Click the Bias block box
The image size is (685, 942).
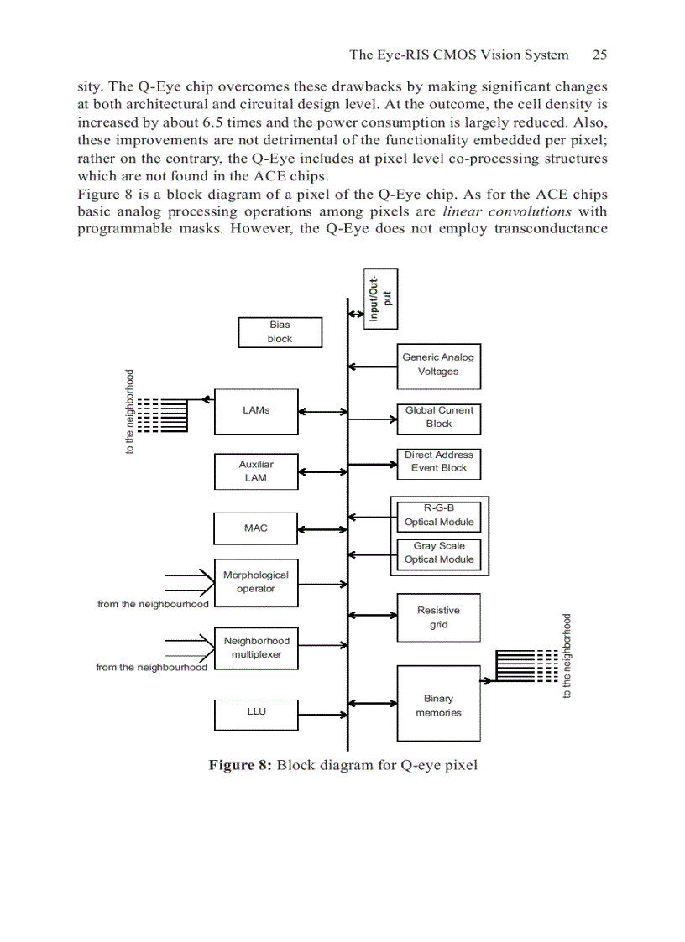pyautogui.click(x=280, y=332)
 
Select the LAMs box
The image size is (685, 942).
pyautogui.click(x=256, y=411)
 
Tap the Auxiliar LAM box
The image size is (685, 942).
pyautogui.click(x=256, y=471)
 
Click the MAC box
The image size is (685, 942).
pyautogui.click(x=256, y=528)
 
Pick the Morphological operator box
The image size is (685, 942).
pyautogui.click(x=256, y=582)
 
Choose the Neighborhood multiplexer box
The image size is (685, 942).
pyautogui.click(x=256, y=648)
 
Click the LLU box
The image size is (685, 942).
pyautogui.click(x=256, y=711)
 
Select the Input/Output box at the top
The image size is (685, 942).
pyautogui.click(x=381, y=299)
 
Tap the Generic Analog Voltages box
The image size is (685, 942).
pyautogui.click(x=438, y=365)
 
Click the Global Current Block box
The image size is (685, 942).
pyautogui.click(x=438, y=418)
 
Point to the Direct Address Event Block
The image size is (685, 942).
pyautogui.click(x=438, y=462)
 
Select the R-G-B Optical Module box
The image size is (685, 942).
pyautogui.click(x=438, y=516)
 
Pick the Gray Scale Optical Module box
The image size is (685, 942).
pyautogui.click(x=438, y=554)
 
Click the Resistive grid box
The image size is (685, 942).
pyautogui.click(x=438, y=618)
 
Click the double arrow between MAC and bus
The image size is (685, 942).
pyautogui.click(x=323, y=529)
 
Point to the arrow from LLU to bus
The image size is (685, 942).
pyautogui.click(x=323, y=712)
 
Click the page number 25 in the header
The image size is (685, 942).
pyautogui.click(x=599, y=55)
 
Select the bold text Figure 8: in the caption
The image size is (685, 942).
pyautogui.click(x=240, y=765)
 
